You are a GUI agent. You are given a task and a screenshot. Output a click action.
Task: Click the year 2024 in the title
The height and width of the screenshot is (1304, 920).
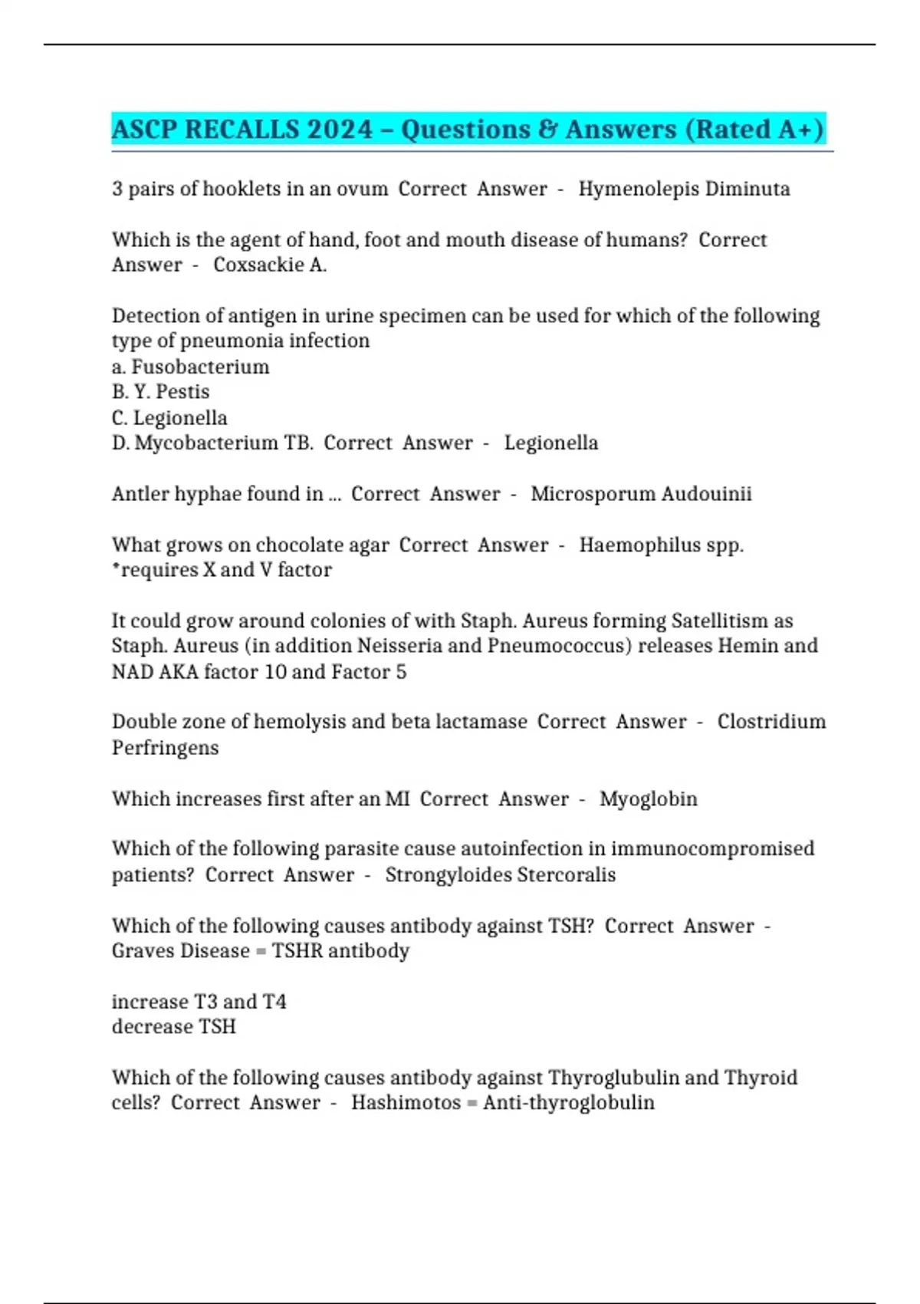tap(340, 129)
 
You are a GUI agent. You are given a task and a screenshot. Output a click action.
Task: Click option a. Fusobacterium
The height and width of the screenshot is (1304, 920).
tap(191, 367)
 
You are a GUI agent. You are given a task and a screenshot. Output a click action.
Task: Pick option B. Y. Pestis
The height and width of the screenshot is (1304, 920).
tap(161, 392)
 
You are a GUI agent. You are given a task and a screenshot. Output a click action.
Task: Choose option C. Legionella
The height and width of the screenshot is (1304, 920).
tap(169, 418)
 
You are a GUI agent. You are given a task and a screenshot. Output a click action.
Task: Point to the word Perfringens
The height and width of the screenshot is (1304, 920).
tap(166, 748)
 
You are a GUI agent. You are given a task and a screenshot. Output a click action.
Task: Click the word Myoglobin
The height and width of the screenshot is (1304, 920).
tap(649, 799)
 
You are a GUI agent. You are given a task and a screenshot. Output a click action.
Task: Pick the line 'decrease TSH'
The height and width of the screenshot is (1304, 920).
tap(174, 1027)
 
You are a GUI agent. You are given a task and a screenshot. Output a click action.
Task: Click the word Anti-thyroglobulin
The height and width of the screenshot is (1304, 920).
tap(569, 1103)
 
